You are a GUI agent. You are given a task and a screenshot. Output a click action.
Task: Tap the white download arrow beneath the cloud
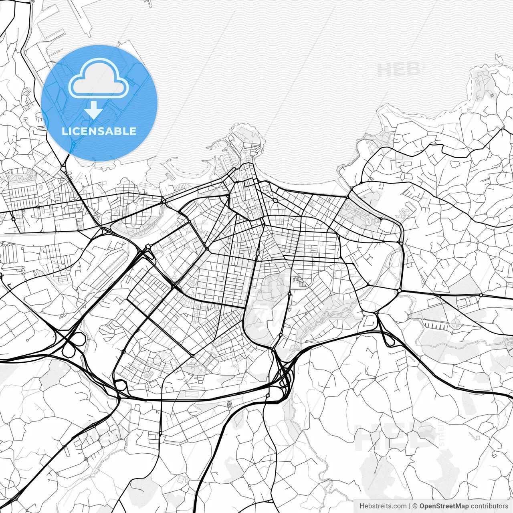(x=93, y=111)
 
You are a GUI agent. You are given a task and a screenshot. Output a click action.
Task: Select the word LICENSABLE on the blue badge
(x=99, y=131)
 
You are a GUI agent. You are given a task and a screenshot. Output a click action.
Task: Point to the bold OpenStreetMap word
(x=444, y=506)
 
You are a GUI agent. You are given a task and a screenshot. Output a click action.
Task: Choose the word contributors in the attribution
(x=489, y=506)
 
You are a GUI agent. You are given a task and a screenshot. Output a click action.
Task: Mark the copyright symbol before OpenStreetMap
(x=415, y=506)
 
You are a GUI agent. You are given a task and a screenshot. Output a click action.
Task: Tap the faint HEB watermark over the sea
(x=399, y=69)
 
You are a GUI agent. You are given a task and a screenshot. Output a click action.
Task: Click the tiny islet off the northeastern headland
(x=500, y=59)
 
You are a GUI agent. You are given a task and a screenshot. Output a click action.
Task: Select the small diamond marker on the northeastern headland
(x=492, y=95)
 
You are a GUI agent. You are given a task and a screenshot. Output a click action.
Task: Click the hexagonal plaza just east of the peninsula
(x=276, y=200)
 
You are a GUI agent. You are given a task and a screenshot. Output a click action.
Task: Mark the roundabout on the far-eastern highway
(x=481, y=295)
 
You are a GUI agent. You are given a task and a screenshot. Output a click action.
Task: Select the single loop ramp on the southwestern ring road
(x=120, y=386)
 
